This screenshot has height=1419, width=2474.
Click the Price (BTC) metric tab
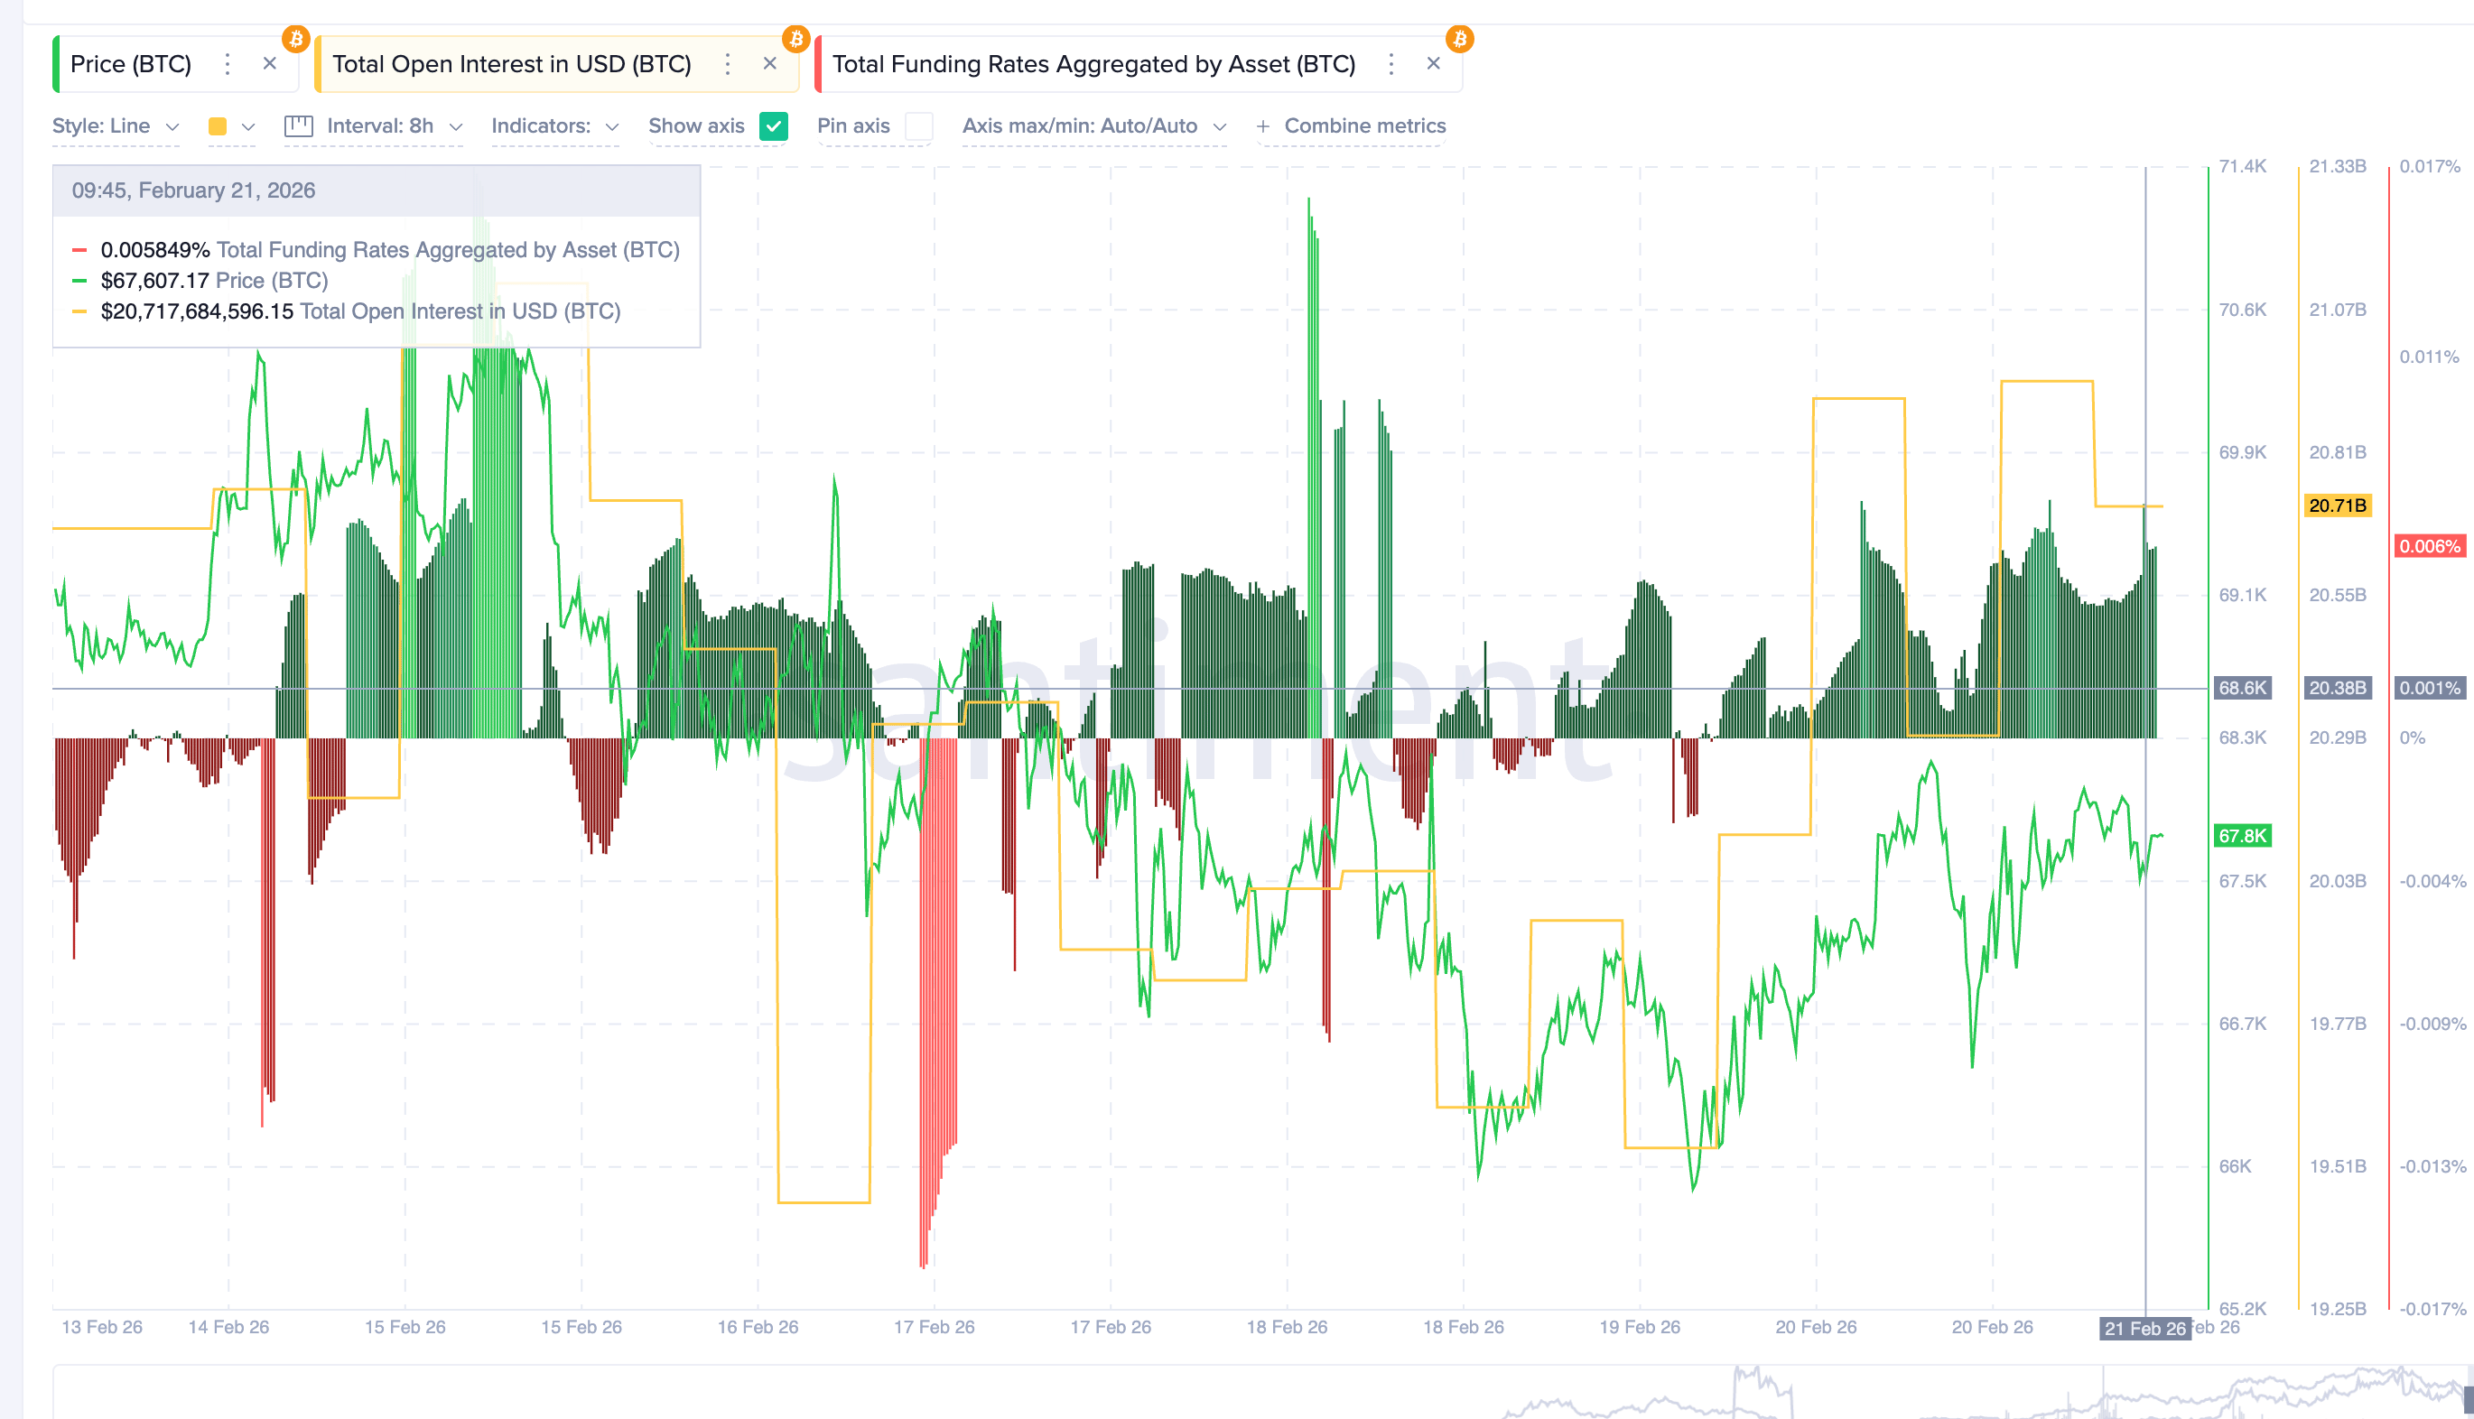(131, 64)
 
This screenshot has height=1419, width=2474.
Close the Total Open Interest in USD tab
(769, 64)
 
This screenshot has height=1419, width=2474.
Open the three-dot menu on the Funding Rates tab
(1391, 64)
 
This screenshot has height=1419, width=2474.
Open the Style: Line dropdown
(115, 126)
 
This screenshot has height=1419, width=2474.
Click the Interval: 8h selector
(379, 126)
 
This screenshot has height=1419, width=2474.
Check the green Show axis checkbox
(773, 126)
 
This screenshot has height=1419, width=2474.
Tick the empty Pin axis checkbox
(917, 126)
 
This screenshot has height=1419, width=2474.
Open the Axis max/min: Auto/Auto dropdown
(1093, 126)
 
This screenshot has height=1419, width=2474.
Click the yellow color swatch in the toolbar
(218, 126)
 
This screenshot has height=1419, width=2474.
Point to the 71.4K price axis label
(2242, 167)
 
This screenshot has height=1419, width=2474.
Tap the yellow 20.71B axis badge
(2337, 505)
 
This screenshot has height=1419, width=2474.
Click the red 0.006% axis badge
(2429, 547)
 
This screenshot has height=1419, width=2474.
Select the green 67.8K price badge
(2242, 836)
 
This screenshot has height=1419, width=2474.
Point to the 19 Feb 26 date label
(1639, 1328)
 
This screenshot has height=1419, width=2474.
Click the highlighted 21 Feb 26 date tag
(2144, 1330)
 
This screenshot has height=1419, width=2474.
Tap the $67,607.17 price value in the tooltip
(154, 282)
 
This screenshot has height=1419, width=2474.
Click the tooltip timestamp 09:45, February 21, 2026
(193, 191)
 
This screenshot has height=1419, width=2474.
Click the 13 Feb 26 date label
(101, 1328)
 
